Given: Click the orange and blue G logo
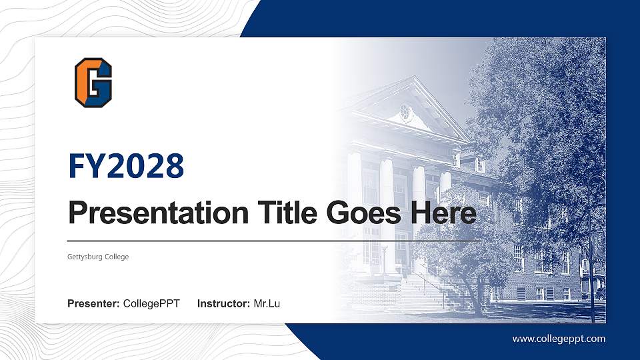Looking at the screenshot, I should click(x=93, y=81).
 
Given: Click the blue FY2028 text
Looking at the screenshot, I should click(x=126, y=166).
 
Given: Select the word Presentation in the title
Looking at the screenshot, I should click(x=147, y=213).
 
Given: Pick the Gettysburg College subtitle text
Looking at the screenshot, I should click(x=98, y=257).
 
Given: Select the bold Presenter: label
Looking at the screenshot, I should click(x=93, y=304).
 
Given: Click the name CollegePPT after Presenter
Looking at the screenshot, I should click(x=151, y=304).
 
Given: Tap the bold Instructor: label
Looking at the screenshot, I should click(x=224, y=304).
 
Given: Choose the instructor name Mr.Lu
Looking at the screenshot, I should click(x=267, y=304).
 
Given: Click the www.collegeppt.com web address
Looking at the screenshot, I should click(x=559, y=339).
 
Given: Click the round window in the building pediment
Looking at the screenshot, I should click(x=405, y=112).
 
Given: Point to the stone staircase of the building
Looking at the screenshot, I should click(x=427, y=293).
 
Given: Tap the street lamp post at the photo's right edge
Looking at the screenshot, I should click(x=591, y=253).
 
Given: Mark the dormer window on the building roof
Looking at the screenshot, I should click(x=479, y=164).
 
